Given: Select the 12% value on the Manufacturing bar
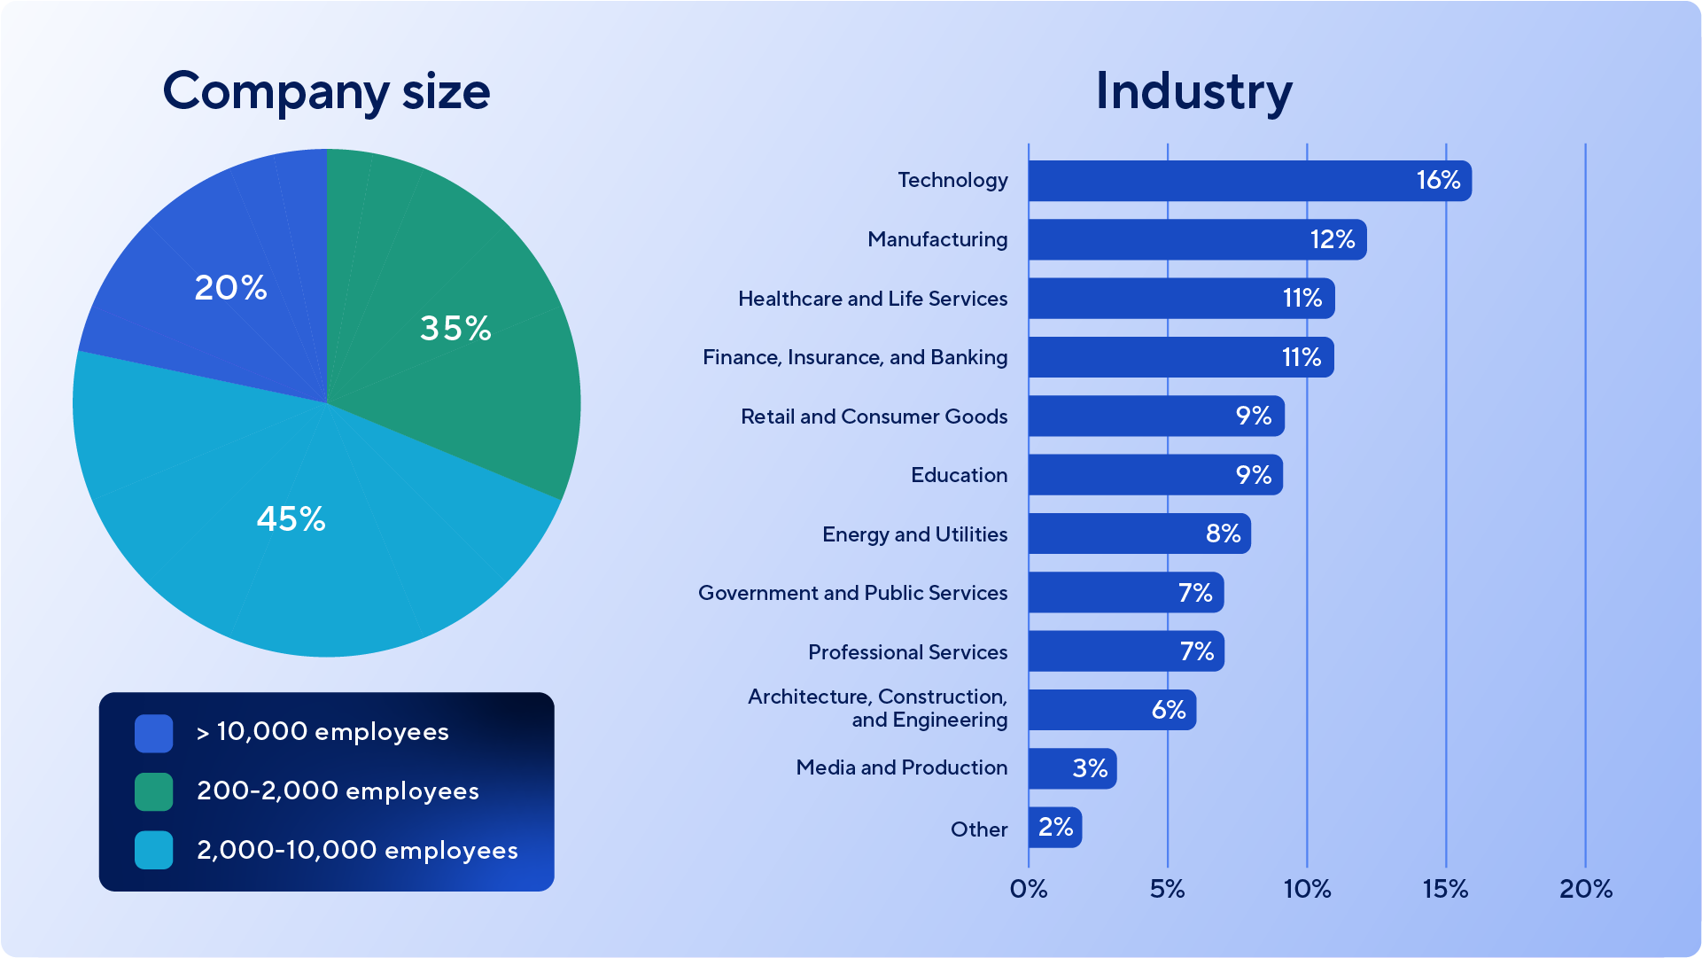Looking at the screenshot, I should [1333, 239].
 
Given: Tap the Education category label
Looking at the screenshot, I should [959, 475].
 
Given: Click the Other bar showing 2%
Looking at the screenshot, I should [1054, 827].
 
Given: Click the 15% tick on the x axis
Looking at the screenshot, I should [1445, 889].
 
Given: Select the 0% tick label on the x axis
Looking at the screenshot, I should [1029, 889].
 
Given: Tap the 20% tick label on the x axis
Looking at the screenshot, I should [1585, 889].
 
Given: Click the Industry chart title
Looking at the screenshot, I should [1193, 91].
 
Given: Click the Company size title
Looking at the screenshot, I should [326, 91].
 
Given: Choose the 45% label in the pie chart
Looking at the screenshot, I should [291, 519].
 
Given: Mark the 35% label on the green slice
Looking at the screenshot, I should [455, 329].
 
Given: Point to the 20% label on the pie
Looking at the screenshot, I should [230, 288].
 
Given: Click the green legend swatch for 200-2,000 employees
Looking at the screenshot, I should [154, 791].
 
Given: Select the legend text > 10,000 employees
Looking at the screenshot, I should [323, 732].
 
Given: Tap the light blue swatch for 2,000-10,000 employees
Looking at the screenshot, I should [154, 850].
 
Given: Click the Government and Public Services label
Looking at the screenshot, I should [852, 593].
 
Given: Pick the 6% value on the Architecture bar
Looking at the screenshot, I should [1168, 710].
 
